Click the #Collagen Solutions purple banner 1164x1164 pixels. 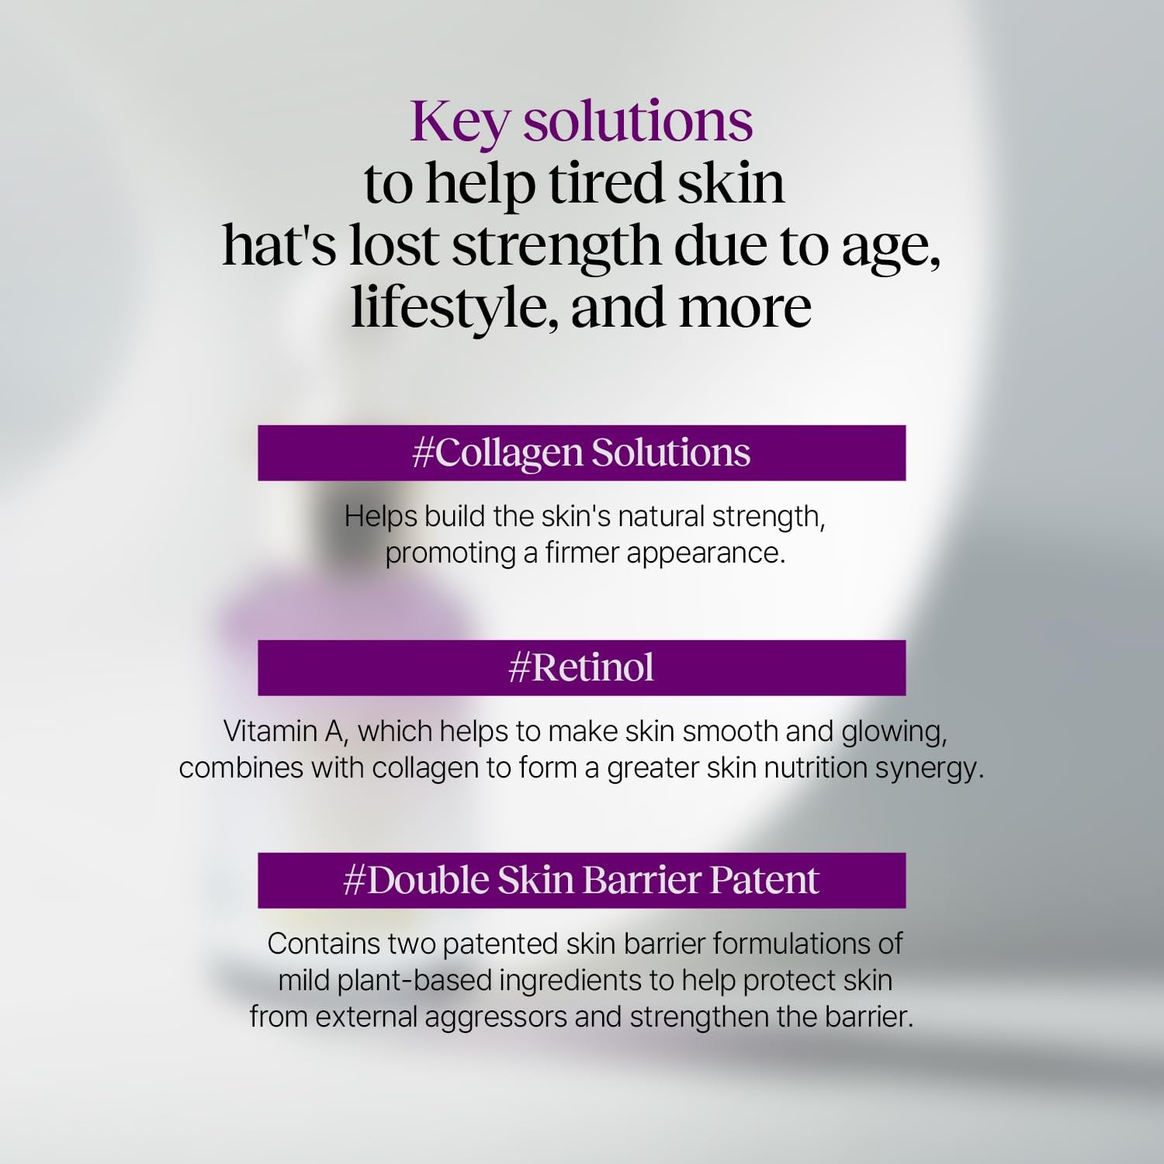pos(581,452)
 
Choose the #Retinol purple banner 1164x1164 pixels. pos(581,667)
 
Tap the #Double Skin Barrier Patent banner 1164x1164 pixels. pos(581,880)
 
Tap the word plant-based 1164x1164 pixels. pos(416,981)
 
